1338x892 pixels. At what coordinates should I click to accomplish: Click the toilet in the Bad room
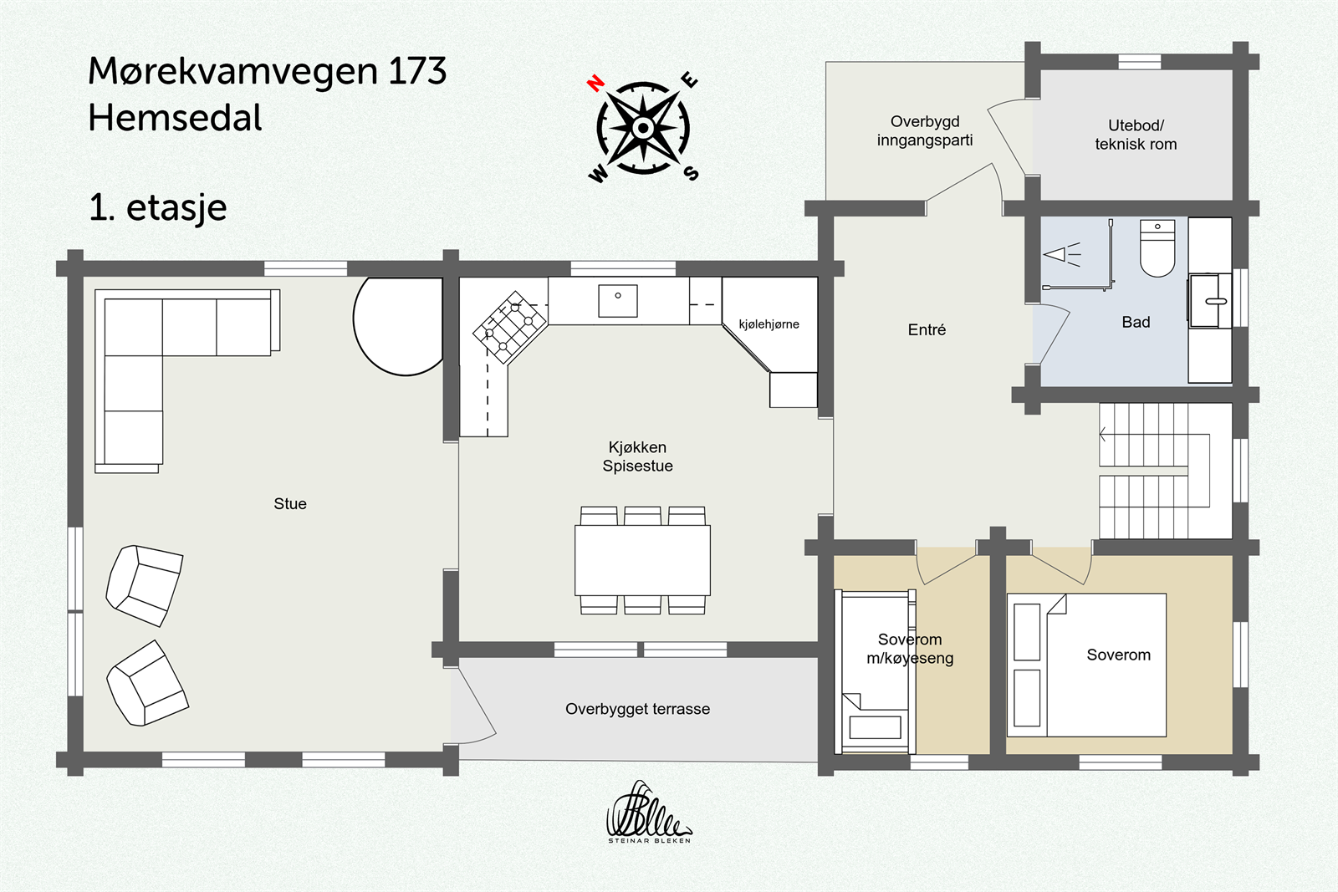tap(1157, 248)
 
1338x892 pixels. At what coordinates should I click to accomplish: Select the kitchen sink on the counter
tap(618, 301)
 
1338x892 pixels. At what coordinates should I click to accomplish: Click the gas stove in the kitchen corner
tap(509, 327)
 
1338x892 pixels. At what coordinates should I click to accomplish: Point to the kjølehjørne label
tap(769, 324)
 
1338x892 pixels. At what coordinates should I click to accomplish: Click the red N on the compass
tap(595, 83)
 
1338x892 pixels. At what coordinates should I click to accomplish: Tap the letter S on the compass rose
tap(692, 173)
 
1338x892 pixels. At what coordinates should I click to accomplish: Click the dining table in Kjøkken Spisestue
tap(642, 559)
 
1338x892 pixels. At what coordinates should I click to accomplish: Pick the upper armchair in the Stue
tap(144, 585)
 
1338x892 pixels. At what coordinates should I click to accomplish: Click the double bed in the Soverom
tap(1087, 665)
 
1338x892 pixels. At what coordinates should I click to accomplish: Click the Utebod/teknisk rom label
tap(1135, 135)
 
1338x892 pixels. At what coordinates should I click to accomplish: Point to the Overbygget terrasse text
tap(637, 709)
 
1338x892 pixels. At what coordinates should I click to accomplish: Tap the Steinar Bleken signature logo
tap(648, 813)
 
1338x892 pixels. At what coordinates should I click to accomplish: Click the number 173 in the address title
tap(416, 71)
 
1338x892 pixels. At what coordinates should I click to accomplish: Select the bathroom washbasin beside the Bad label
tap(1209, 300)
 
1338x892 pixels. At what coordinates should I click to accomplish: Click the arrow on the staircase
tap(1104, 435)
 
